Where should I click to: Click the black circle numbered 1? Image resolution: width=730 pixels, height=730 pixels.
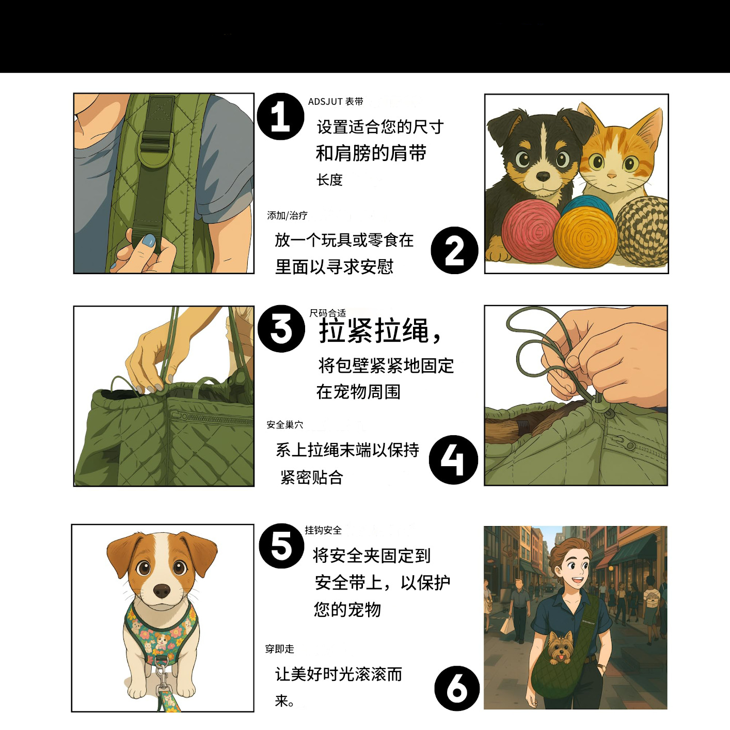(x=280, y=116)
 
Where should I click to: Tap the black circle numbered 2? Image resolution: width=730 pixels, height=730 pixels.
(x=454, y=250)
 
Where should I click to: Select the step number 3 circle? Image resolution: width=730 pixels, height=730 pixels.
(x=281, y=328)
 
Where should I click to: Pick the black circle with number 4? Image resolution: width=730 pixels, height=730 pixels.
(x=453, y=459)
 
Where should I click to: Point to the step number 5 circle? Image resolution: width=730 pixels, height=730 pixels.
(x=281, y=546)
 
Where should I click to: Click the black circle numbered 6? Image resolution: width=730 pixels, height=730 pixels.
(x=457, y=688)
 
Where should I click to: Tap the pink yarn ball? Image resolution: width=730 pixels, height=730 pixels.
(x=530, y=230)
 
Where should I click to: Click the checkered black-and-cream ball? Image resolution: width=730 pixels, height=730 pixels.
(x=642, y=231)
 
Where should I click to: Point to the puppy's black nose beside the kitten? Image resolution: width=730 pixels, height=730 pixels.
(x=543, y=176)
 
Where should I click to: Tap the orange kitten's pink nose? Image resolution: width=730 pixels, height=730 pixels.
(x=611, y=176)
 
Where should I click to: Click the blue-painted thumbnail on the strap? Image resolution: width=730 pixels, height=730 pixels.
(x=149, y=240)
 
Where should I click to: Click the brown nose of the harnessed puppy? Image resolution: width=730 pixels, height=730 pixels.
(x=162, y=590)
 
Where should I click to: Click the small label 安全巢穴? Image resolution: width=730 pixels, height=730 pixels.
(x=285, y=425)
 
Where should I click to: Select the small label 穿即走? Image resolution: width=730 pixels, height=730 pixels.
(x=280, y=649)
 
